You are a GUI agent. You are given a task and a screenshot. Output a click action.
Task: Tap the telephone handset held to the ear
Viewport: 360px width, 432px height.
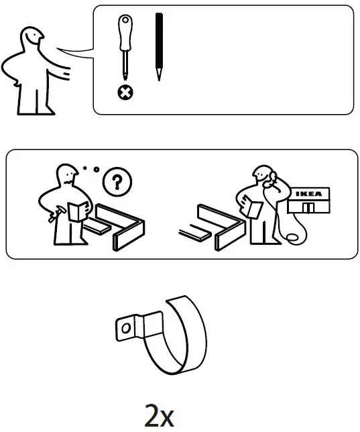[271, 178]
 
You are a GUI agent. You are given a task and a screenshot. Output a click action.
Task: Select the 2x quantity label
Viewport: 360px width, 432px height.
[160, 416]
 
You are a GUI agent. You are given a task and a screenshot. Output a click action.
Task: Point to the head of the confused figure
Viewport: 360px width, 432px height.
[68, 176]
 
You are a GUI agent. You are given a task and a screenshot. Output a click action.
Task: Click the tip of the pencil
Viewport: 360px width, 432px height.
[158, 77]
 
